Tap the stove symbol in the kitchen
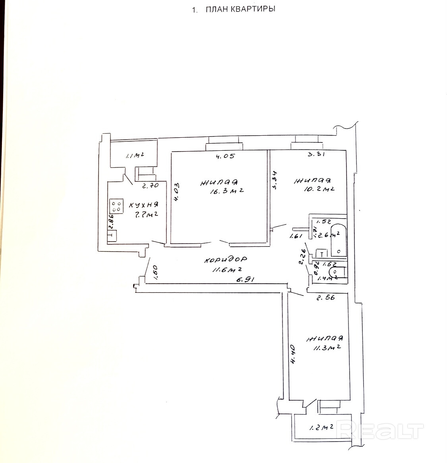tap(116, 206)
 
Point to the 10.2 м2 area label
tap(319, 189)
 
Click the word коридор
tap(225, 260)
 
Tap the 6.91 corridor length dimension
tap(245, 279)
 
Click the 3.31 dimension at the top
tap(317, 155)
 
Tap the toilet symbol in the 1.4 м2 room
tap(337, 272)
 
